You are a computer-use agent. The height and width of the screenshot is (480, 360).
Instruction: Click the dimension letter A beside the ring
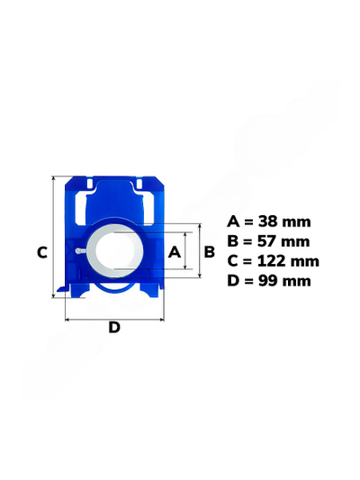tap(175, 252)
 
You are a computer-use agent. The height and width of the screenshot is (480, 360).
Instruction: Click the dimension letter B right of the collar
tap(209, 252)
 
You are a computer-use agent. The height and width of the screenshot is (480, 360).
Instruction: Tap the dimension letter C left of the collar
tap(42, 253)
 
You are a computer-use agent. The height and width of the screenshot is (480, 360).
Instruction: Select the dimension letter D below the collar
tap(114, 327)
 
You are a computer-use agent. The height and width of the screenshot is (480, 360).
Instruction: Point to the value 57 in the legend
tap(268, 241)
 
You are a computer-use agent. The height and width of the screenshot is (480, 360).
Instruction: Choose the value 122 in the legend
tap(272, 261)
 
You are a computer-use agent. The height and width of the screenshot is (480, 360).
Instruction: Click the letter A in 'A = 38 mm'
tap(233, 222)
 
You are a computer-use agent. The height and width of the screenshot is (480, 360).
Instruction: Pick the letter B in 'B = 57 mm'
tap(232, 241)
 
